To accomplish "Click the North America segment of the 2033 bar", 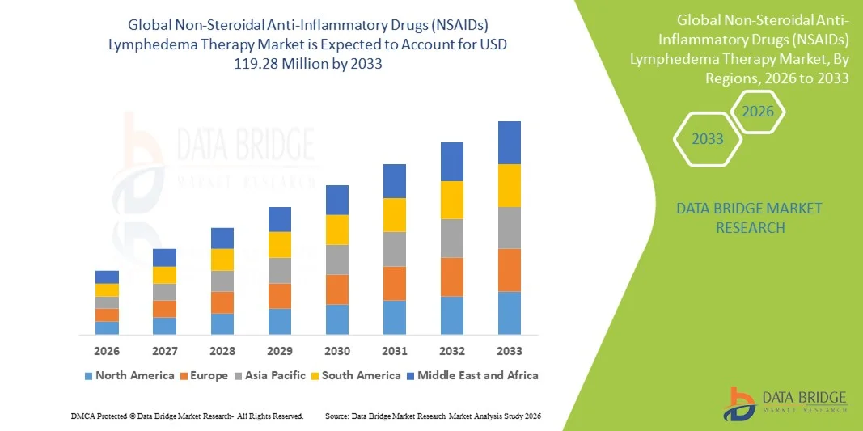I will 509,312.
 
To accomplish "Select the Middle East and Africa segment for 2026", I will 107,277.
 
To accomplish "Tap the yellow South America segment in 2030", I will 337,230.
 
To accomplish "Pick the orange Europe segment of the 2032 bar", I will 451,277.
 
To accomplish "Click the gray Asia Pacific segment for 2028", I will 222,281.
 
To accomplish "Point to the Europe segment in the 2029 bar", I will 279,296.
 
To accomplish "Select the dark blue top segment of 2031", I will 394,181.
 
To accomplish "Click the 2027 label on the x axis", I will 164,351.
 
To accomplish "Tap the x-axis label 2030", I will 337,351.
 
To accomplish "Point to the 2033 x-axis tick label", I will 510,351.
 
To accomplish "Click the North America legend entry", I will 129,375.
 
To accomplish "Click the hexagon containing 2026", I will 758,112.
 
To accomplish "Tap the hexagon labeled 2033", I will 708,139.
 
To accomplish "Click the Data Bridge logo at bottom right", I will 785,402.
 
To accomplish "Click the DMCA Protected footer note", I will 187,416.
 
